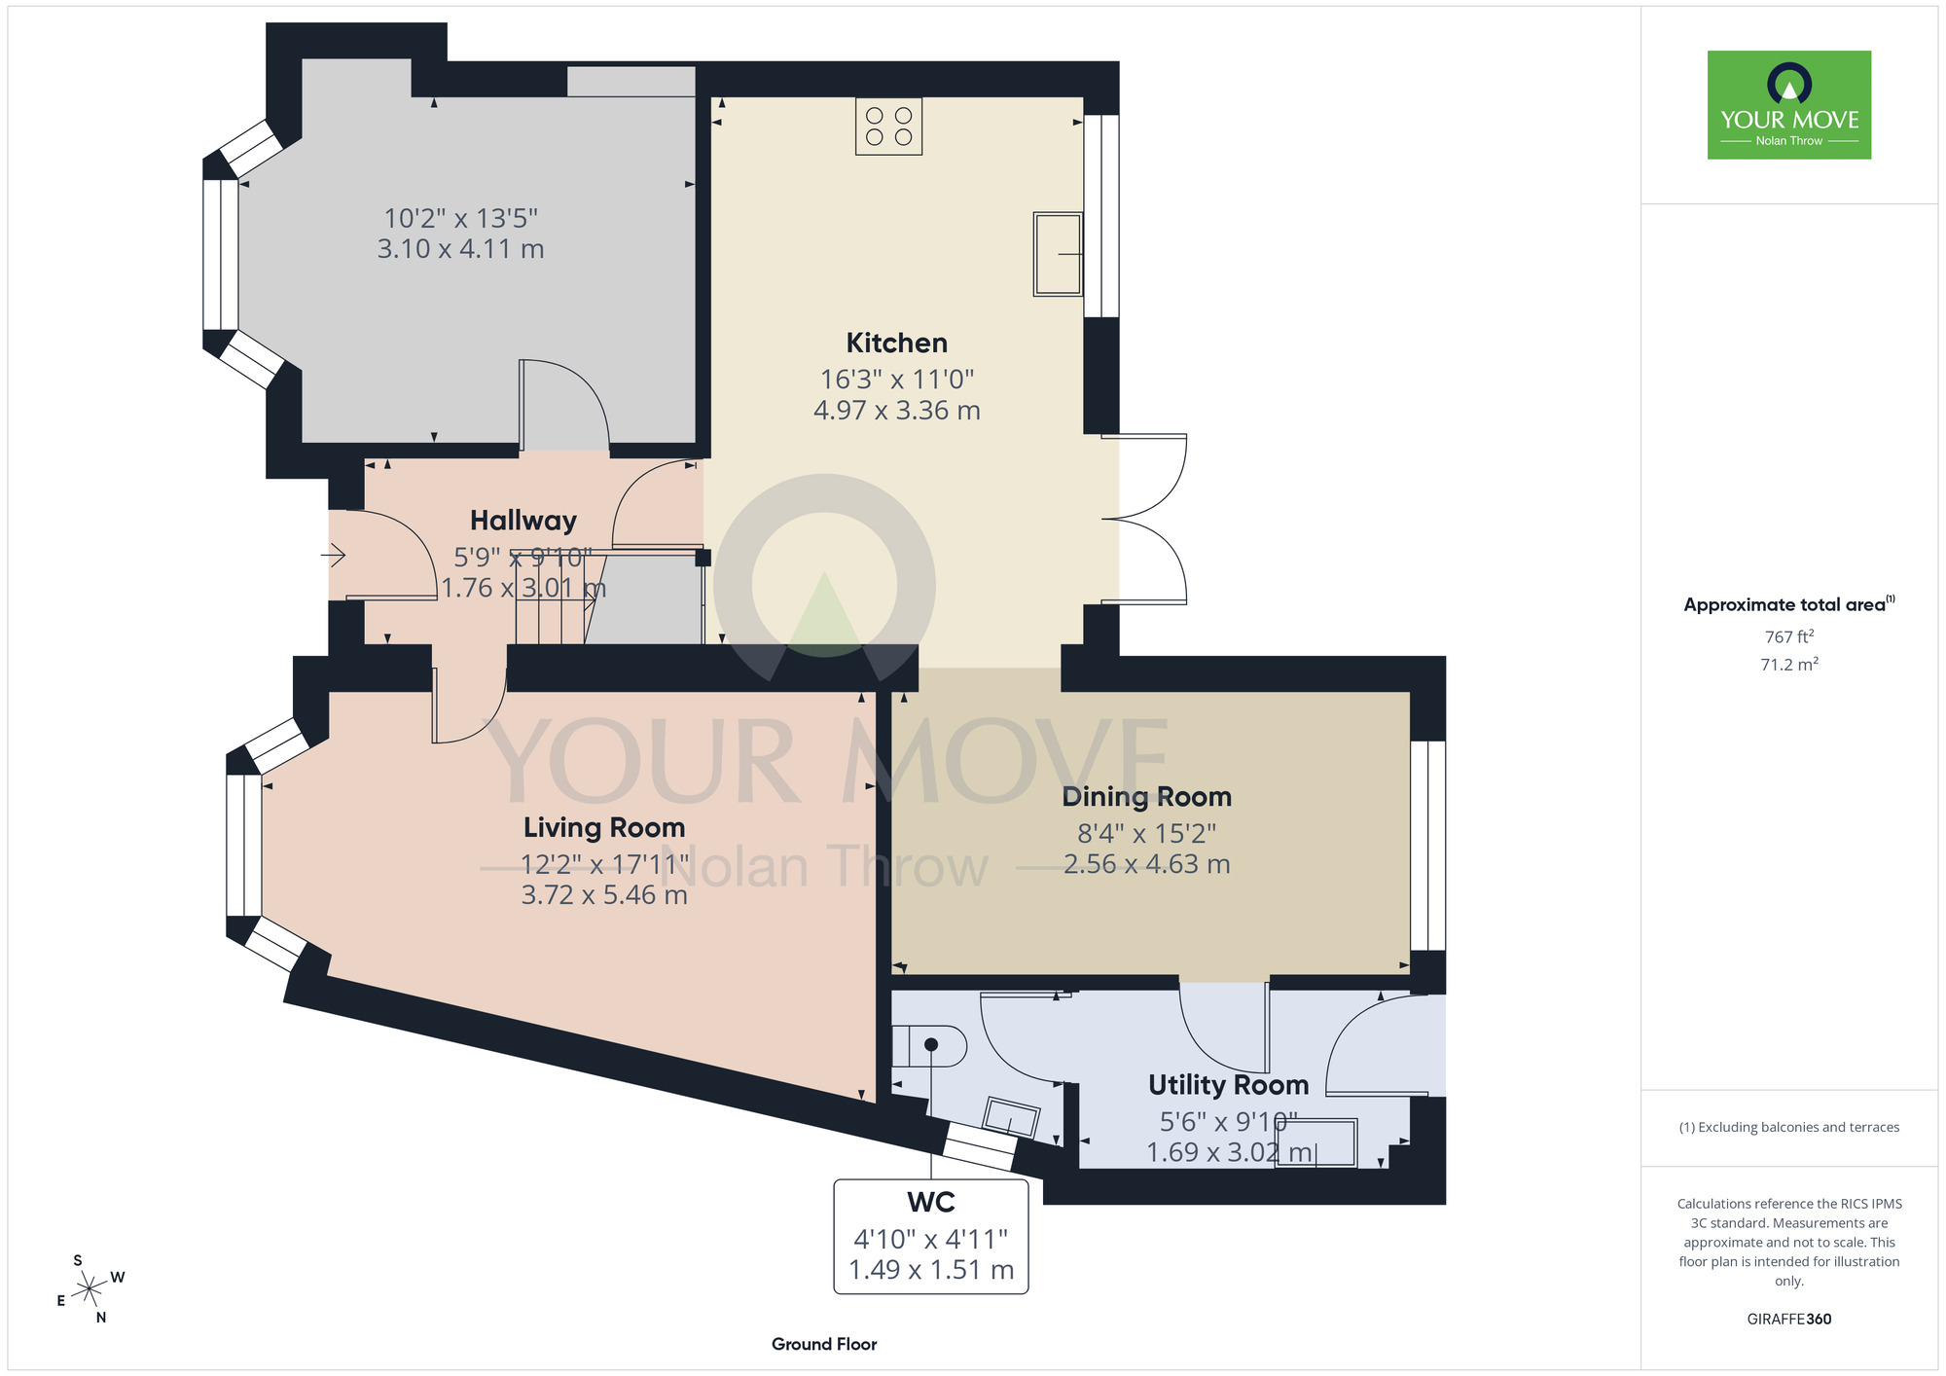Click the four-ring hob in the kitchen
[888, 127]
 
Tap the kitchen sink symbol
[1058, 254]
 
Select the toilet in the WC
[929, 1046]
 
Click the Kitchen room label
[896, 343]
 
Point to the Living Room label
[604, 827]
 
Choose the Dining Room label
[1146, 797]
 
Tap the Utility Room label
[1228, 1085]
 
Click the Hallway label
[523, 521]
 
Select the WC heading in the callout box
[931, 1203]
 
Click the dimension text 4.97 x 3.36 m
[896, 411]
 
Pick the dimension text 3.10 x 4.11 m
[460, 249]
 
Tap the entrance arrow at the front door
[334, 556]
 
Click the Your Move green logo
[1789, 105]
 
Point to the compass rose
[90, 1289]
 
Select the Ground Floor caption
[824, 1344]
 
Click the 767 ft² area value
[1789, 636]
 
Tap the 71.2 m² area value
[1789, 665]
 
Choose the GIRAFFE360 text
[1789, 1320]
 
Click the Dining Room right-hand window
[1428, 846]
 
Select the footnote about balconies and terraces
[1789, 1127]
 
